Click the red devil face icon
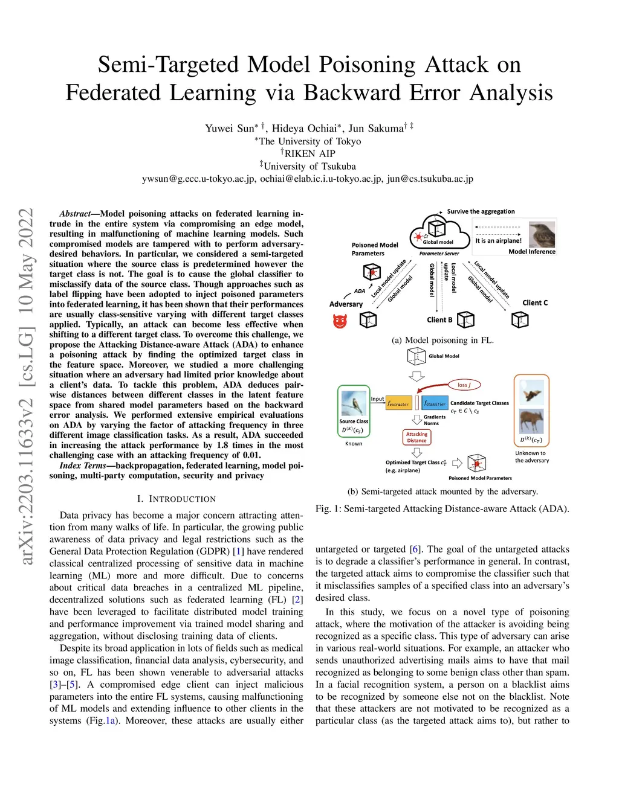(x=340, y=321)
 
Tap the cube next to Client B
(x=465, y=319)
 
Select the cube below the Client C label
(x=520, y=320)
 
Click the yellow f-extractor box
(x=398, y=403)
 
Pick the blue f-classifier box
(x=435, y=403)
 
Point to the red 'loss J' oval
(x=464, y=385)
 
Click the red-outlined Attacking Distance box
(x=416, y=437)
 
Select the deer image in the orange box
(x=531, y=420)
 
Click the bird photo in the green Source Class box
(x=354, y=403)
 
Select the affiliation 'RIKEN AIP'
(x=309, y=153)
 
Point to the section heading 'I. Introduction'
(x=176, y=499)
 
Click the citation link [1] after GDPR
(x=239, y=551)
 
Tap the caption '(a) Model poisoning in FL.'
(x=442, y=340)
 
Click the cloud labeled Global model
(x=439, y=232)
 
